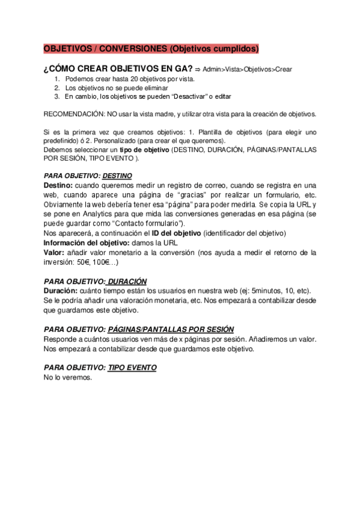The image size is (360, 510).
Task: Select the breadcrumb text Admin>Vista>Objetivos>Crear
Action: pyautogui.click(x=248, y=70)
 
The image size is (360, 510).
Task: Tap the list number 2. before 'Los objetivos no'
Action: pyautogui.click(x=57, y=88)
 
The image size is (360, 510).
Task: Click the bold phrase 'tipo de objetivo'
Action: pyautogui.click(x=142, y=149)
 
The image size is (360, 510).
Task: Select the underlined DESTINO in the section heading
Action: pyautogui.click(x=117, y=176)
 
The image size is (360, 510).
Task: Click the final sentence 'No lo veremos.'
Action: pyautogui.click(x=68, y=378)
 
